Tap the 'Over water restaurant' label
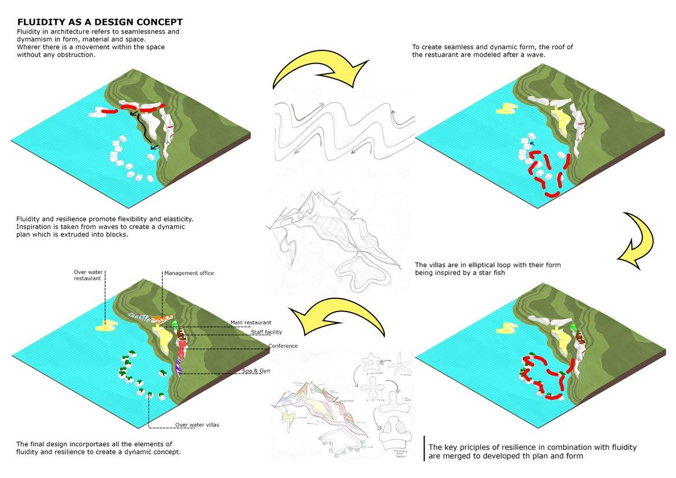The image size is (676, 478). pyautogui.click(x=88, y=275)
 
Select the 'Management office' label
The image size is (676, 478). pyautogui.click(x=190, y=273)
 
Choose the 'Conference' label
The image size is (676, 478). pyautogui.click(x=283, y=346)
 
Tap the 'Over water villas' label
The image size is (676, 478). pyautogui.click(x=197, y=425)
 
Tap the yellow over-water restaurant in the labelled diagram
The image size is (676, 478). pyautogui.click(x=106, y=327)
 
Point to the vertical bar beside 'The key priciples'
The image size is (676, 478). pyautogui.click(x=425, y=449)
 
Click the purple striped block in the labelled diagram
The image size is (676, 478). pyautogui.click(x=179, y=367)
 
